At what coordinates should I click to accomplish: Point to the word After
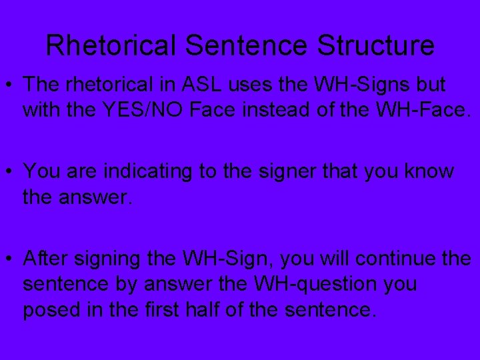(43, 257)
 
